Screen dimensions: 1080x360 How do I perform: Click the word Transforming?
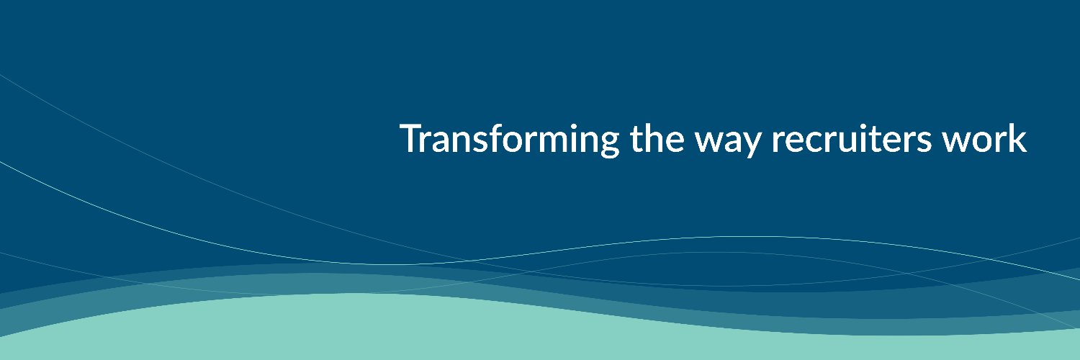coord(510,140)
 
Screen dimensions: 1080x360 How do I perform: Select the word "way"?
coord(728,143)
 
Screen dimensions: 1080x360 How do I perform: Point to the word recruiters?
coord(852,139)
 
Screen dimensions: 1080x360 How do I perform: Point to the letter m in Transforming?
coord(553,143)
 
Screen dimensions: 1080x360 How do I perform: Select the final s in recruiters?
coord(924,143)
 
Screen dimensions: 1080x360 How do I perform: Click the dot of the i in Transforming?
coord(578,127)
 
